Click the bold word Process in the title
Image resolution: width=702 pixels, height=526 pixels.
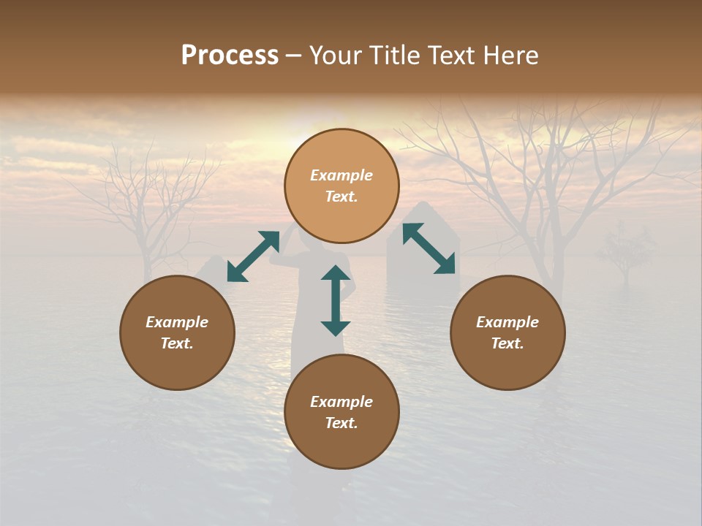pos(230,56)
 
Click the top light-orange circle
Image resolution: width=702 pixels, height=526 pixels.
pos(341,186)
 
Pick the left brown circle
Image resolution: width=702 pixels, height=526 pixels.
pos(177,332)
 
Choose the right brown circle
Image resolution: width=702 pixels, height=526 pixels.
pos(507,332)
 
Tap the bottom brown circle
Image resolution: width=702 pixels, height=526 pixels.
pos(341,412)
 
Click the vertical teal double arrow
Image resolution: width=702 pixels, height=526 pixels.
pos(336,300)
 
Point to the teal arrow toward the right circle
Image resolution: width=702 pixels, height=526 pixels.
pos(429,248)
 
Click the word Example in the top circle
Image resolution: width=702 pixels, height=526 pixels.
pos(341,175)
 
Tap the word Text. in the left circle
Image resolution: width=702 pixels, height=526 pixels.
pos(177,343)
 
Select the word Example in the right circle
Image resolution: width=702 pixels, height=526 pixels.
pos(507,322)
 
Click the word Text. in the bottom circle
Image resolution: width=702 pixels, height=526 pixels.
pos(341,423)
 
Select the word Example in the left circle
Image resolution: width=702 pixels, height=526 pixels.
pos(177,322)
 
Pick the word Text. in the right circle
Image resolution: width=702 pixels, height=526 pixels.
pos(507,343)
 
